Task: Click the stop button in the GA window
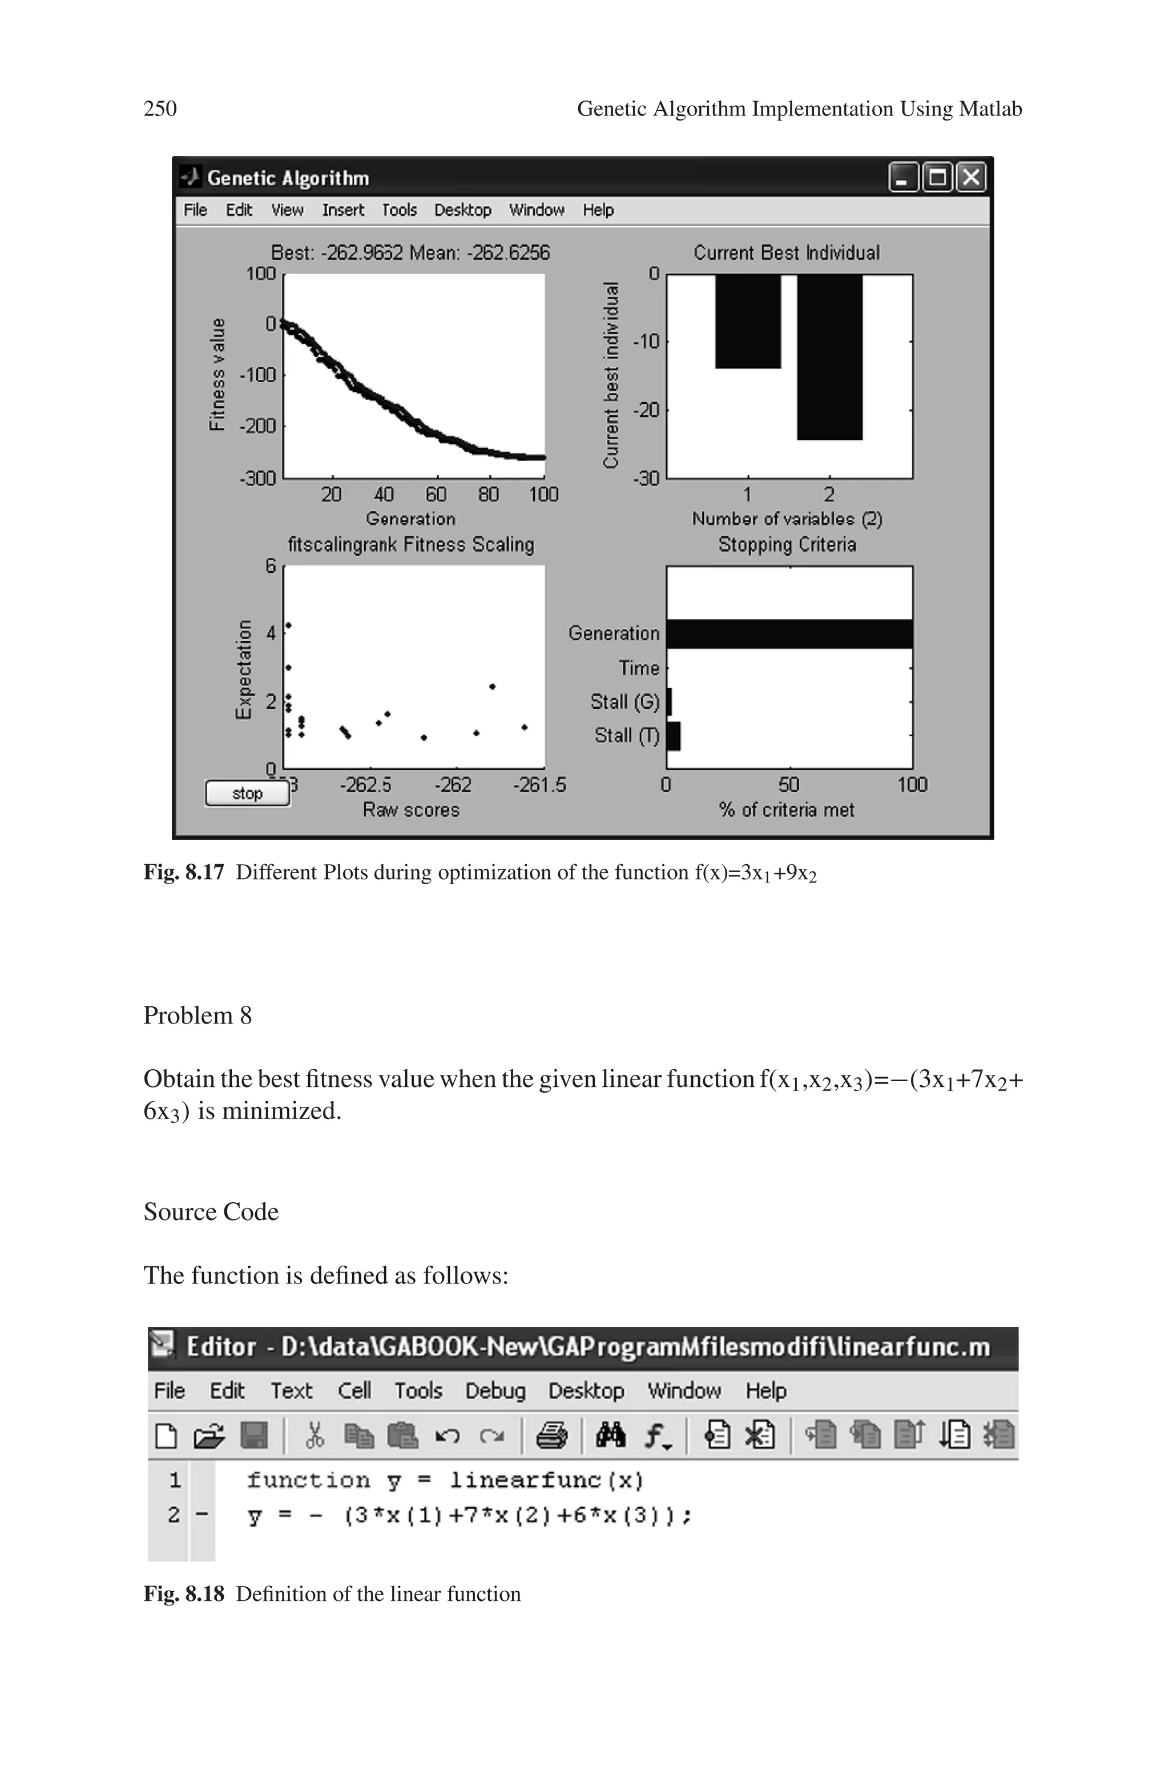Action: pos(247,793)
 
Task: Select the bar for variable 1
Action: pos(748,322)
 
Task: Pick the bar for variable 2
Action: pos(829,357)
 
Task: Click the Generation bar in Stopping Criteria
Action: pos(789,634)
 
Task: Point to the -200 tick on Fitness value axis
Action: pos(257,427)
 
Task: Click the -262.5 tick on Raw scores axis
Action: pos(365,785)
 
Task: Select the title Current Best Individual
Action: pos(787,253)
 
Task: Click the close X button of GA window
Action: pos(971,178)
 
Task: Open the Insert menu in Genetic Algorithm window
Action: pos(343,210)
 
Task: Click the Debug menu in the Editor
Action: pos(495,1391)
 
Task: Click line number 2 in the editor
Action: pos(174,1515)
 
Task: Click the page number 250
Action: pos(160,109)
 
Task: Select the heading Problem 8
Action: pos(197,1016)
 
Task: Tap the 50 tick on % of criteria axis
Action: pos(789,785)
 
